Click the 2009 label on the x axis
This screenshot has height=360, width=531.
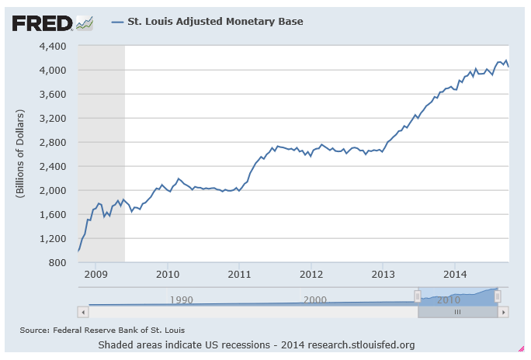click(95, 274)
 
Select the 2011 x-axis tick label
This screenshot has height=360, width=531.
click(239, 274)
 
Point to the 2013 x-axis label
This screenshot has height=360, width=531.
click(383, 274)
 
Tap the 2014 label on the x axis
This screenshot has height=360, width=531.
click(454, 274)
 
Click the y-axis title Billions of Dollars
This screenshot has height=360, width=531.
click(20, 154)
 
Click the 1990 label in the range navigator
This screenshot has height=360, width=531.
click(181, 299)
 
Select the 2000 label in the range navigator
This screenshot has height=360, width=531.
click(314, 299)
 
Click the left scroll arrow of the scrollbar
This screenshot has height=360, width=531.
click(82, 311)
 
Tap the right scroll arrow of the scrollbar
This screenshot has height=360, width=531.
click(503, 311)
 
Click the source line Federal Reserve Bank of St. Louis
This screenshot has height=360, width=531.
click(102, 330)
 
